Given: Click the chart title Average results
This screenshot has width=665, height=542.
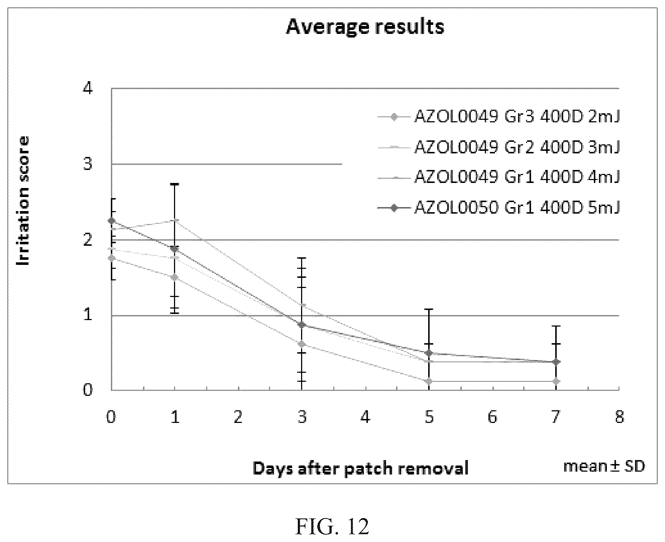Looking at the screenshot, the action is (365, 27).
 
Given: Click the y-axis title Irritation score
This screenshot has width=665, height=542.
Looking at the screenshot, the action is (23, 201).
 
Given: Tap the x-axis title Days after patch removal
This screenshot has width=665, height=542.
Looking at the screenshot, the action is (361, 468).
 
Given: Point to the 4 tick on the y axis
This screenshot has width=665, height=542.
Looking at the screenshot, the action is (88, 88).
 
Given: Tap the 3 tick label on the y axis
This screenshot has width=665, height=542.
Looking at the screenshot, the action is (88, 164).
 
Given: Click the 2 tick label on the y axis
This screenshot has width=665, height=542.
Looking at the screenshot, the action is (88, 240).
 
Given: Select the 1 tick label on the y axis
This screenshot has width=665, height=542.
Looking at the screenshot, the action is (88, 315).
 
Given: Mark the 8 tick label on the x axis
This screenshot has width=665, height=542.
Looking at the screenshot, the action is (619, 417).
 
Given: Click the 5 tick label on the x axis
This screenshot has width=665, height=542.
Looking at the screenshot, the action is (429, 417).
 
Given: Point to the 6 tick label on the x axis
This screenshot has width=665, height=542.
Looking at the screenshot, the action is (492, 417).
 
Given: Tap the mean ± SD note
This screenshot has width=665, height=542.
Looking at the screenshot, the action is (604, 466).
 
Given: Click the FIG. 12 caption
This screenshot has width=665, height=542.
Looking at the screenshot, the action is (332, 527).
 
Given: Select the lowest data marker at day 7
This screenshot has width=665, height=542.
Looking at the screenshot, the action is (556, 381).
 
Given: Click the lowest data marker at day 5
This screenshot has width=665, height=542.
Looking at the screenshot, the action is (429, 381).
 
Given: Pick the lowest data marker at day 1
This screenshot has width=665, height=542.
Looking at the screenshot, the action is (175, 277).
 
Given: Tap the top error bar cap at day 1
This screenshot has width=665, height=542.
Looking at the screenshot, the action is (175, 184).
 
